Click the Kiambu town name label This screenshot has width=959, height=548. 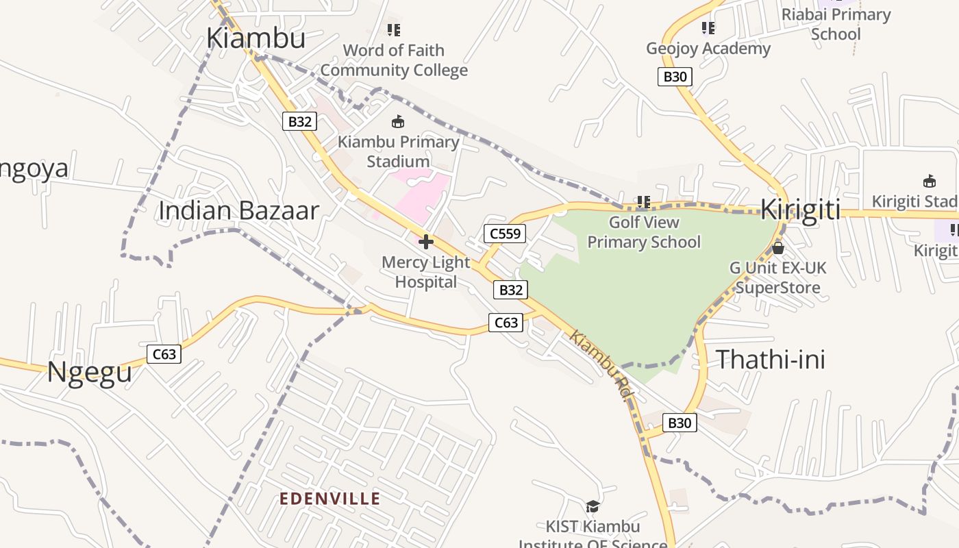click(256, 38)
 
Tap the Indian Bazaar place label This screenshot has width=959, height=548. click(238, 210)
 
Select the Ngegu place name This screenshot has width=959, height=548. click(89, 373)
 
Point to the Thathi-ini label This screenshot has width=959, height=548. click(771, 359)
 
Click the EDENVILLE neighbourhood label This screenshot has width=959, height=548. click(329, 499)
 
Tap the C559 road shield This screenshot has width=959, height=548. click(506, 234)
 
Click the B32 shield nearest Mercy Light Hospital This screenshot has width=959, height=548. click(510, 290)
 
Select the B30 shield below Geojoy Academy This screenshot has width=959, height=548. click(675, 77)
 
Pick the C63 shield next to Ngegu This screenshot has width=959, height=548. click(164, 354)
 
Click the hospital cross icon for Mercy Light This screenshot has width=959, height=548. click(426, 241)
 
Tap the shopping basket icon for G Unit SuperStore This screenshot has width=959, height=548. click(777, 248)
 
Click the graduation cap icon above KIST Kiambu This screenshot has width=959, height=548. click(593, 506)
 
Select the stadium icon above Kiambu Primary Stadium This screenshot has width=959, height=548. click(397, 122)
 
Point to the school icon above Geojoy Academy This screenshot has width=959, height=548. click(708, 28)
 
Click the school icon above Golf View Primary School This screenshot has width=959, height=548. click(643, 201)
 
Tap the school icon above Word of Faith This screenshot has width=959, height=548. click(393, 29)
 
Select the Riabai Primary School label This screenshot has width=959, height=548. click(836, 24)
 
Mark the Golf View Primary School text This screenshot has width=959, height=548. click(644, 232)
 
